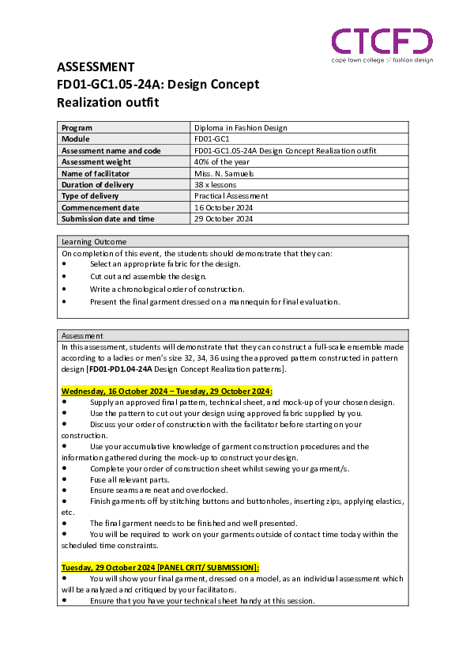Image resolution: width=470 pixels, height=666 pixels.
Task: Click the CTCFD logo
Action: [x=382, y=41]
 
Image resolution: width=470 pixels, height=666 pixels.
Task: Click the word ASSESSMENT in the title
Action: [x=96, y=67]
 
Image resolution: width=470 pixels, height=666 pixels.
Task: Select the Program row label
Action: [x=77, y=127]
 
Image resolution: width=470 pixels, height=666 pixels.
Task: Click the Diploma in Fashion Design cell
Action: [x=240, y=127]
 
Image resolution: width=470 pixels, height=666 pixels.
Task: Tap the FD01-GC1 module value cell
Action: [x=212, y=138]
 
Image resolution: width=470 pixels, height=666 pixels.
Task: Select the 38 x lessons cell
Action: [x=215, y=184]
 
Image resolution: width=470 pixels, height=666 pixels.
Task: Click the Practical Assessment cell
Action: [x=231, y=195]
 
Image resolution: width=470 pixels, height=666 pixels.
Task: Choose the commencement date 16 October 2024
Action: [x=223, y=207]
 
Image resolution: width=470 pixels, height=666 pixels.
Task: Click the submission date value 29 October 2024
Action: [x=223, y=218]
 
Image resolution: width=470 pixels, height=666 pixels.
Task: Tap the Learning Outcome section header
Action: [x=94, y=241]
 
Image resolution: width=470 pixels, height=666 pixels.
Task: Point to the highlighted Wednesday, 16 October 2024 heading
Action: [x=167, y=391]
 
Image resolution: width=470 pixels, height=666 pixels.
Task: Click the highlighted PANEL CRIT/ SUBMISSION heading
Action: [x=160, y=567]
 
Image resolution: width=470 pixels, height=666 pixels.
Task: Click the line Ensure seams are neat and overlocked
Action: [x=158, y=490]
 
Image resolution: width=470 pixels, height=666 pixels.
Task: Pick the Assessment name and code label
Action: [x=111, y=150]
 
